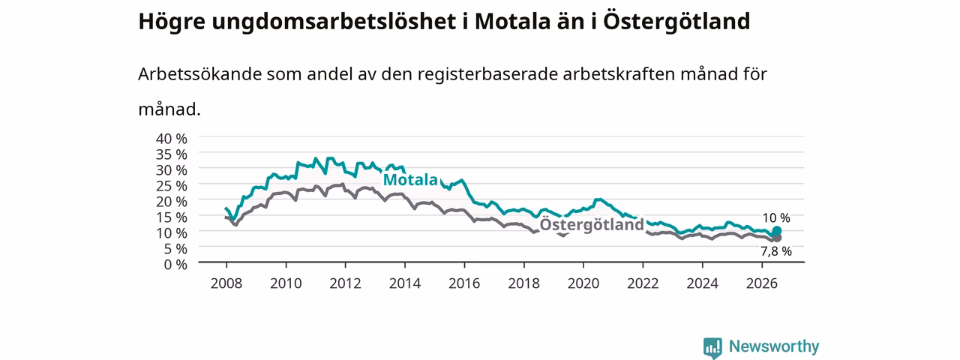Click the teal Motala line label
[410, 179]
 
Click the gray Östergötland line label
[592, 225]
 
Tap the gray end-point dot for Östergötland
[776, 238]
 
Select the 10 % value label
[776, 218]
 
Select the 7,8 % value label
[776, 251]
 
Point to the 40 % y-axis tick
[172, 139]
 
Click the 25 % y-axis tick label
[172, 185]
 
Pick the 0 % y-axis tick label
[175, 265]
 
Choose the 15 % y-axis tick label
[172, 217]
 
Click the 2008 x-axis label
[226, 283]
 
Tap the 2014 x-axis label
[404, 283]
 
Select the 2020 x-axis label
[583, 283]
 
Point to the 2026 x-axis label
[762, 283]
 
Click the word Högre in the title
[172, 22]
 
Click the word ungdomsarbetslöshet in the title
[334, 22]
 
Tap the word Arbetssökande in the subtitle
[199, 74]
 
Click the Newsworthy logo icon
[712, 347]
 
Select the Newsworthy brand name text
[774, 346]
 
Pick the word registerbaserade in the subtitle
[487, 75]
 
